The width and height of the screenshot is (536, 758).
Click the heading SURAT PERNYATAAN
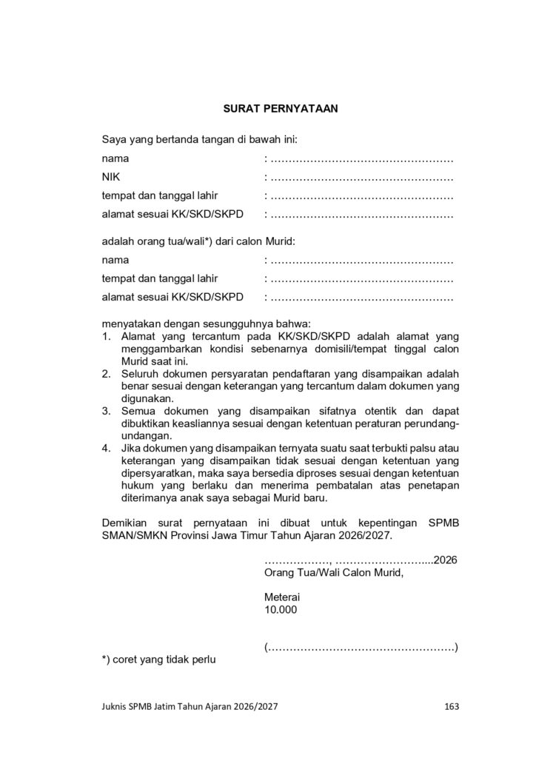coord(281,108)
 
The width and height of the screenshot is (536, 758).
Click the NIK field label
coord(111,177)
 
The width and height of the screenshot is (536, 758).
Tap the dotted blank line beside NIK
coord(362,178)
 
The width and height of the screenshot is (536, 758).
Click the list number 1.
coord(107,337)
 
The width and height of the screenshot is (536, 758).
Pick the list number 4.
coord(107,448)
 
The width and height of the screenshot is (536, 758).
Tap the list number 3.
coord(107,411)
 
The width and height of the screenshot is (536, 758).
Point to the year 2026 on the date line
coord(445,560)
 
